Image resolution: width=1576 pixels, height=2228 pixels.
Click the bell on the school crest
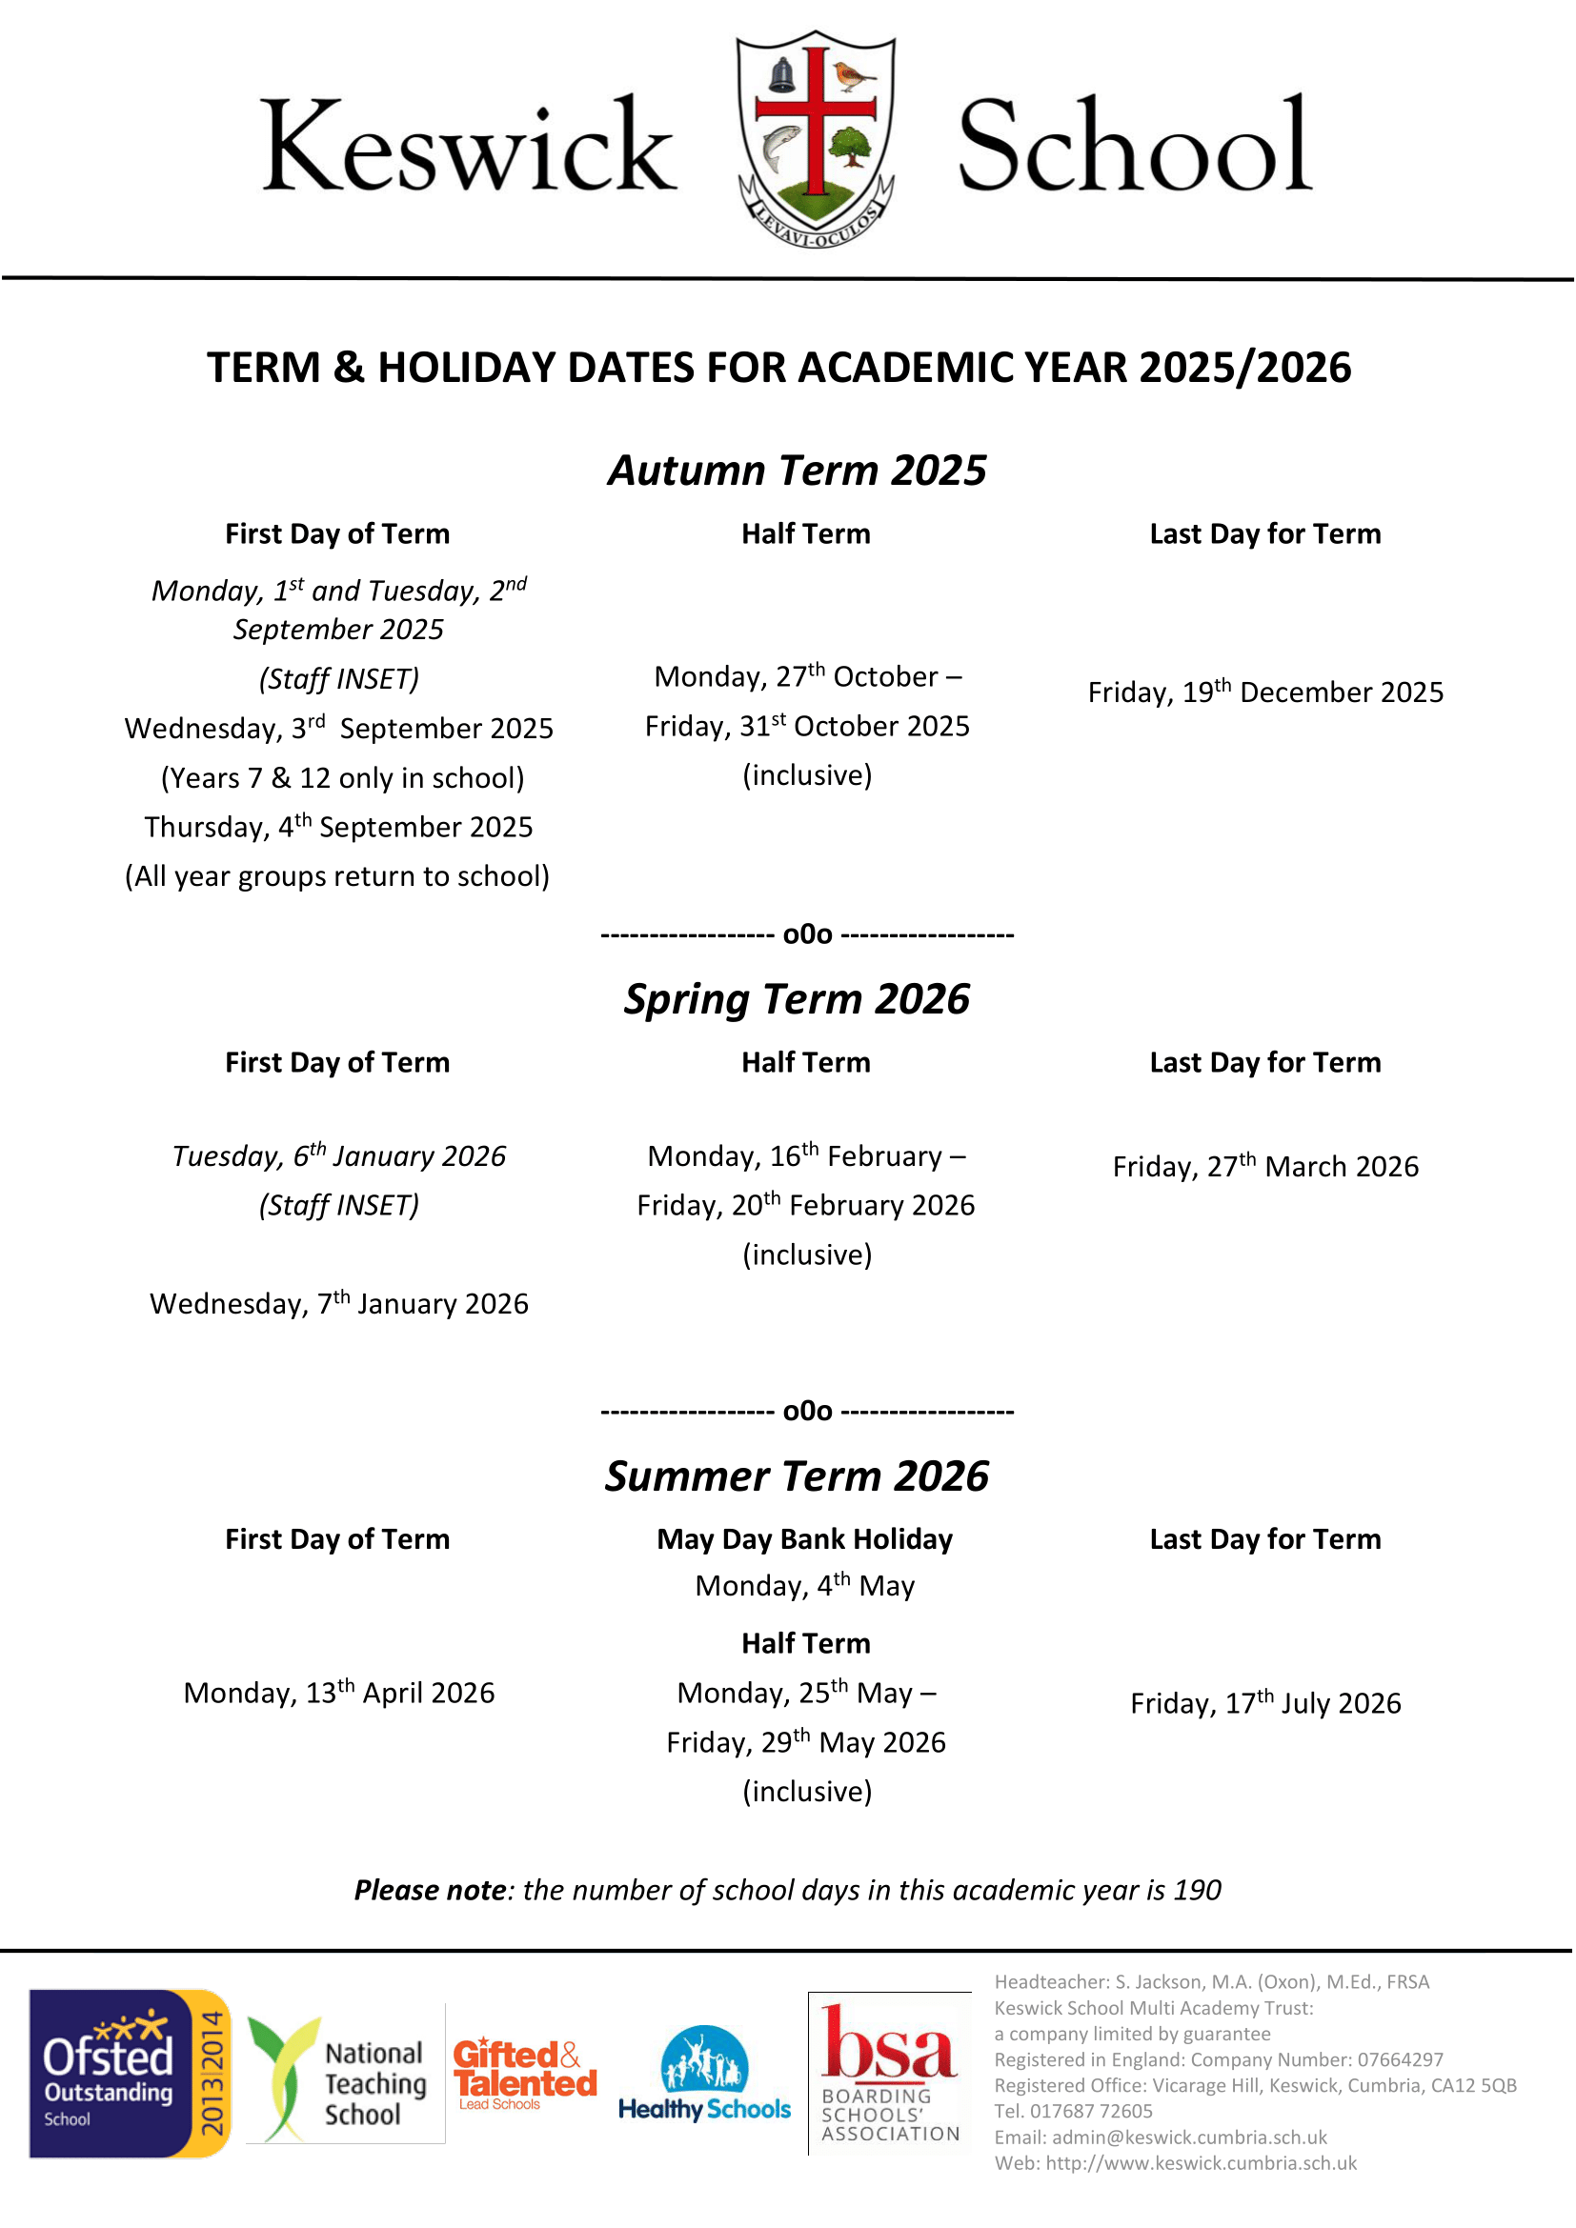782,73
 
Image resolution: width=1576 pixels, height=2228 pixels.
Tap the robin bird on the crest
854,73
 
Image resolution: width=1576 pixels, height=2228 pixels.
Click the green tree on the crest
852,148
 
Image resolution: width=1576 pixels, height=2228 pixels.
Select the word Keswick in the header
468,146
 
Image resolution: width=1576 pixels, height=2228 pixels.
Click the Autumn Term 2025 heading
797,471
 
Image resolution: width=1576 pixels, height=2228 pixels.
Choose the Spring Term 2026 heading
797,999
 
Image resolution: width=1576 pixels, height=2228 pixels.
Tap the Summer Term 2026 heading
797,1475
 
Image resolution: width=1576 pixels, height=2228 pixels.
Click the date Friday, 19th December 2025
1265,692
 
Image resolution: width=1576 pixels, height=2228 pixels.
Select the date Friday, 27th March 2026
1265,1165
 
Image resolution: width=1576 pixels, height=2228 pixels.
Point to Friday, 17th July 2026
1265,1703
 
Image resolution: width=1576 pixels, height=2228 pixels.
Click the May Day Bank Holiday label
804,1539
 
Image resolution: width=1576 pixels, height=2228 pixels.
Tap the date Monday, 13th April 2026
338,1693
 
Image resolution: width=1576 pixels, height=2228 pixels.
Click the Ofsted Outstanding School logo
129,2074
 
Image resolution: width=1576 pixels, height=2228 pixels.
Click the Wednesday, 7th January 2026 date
338,1303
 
